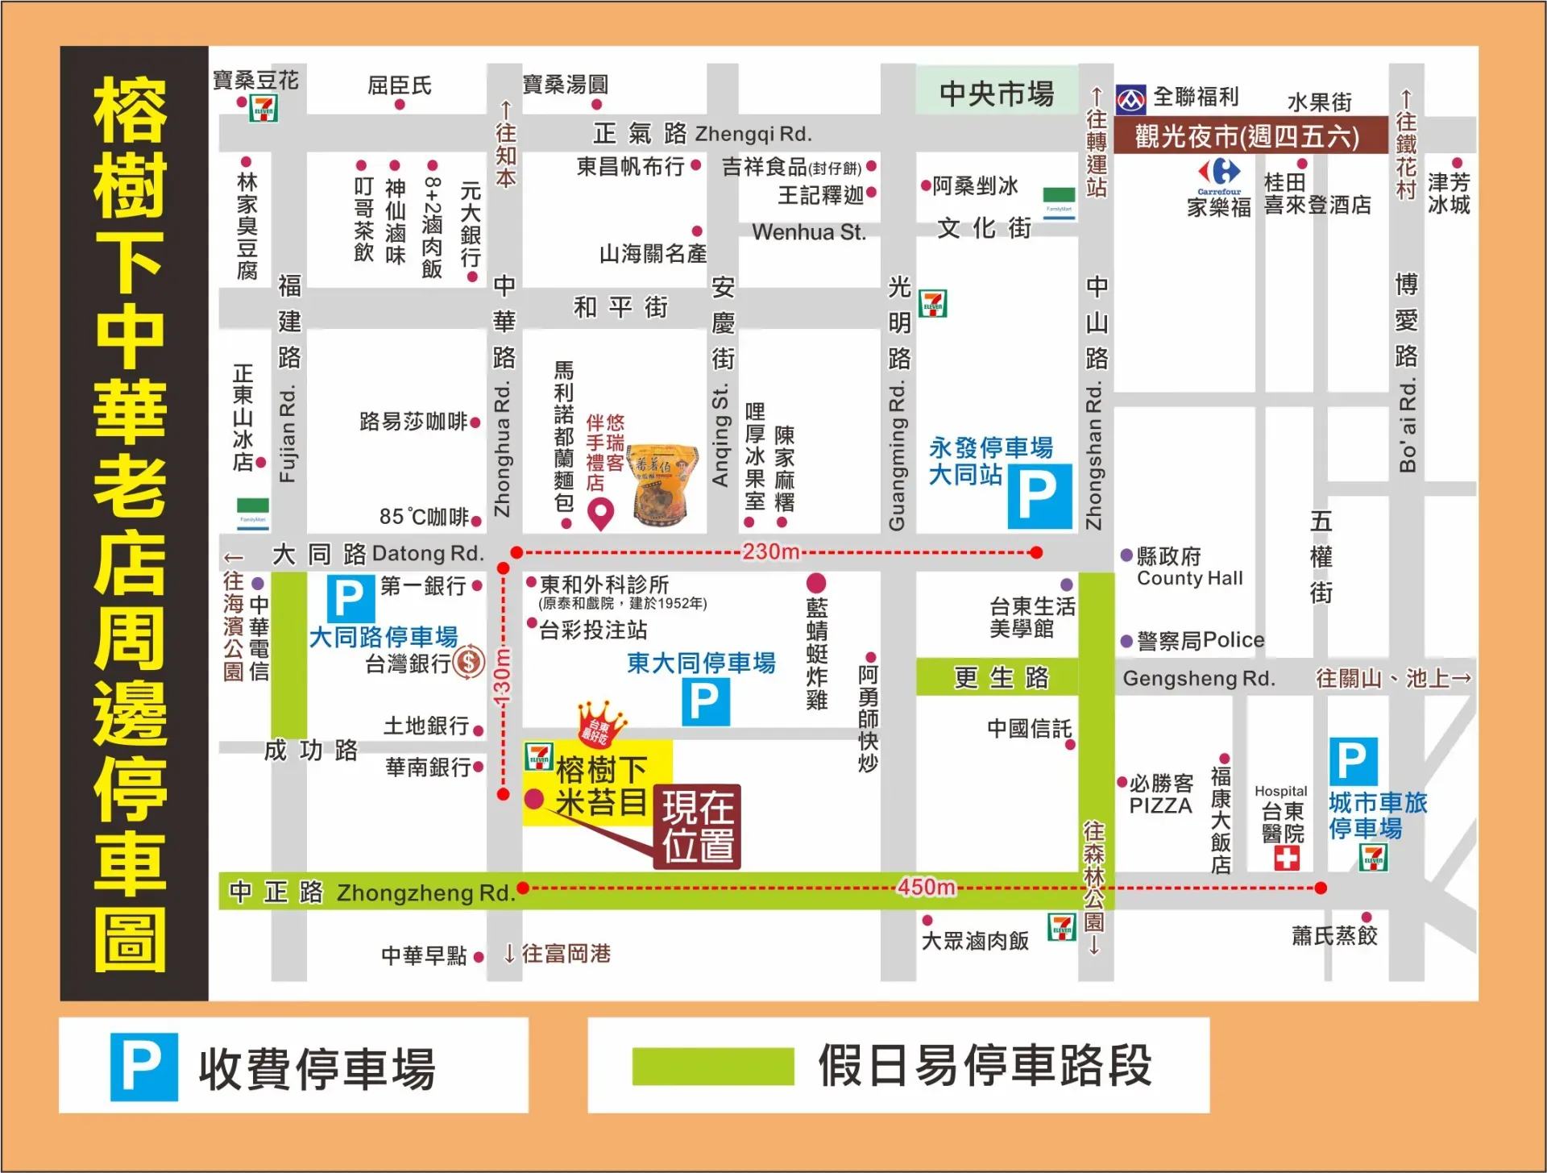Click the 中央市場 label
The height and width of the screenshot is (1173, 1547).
point(997,94)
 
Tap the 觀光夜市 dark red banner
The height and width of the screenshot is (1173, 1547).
point(1246,136)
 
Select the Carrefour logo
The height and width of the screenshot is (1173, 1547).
point(1219,173)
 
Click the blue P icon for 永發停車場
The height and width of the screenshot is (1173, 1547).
point(1039,496)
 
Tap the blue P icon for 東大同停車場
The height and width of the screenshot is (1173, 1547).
point(705,701)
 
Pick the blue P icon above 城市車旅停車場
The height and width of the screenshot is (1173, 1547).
point(1352,760)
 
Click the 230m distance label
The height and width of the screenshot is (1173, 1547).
point(771,552)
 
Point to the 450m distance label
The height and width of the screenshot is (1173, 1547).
point(927,888)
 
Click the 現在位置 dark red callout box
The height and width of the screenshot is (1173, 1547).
point(698,827)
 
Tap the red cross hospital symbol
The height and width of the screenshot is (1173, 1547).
point(1287,859)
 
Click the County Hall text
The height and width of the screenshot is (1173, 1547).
point(1190,578)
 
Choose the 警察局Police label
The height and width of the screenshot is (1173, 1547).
point(1201,640)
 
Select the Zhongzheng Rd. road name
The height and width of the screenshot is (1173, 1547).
point(425,893)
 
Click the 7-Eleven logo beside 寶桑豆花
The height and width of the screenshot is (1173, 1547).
point(263,108)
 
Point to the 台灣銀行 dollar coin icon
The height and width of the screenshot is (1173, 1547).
point(469,663)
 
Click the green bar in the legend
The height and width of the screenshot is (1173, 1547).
point(713,1067)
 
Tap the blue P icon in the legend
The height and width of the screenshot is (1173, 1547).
point(144,1067)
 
